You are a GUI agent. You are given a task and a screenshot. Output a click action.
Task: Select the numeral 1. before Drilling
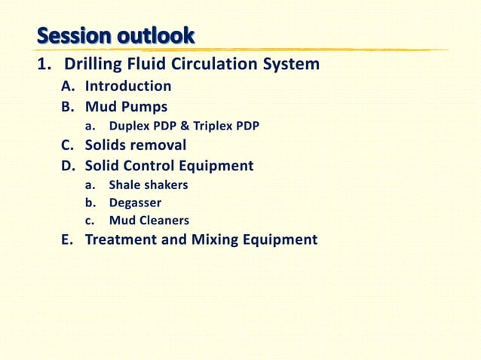pos(44,65)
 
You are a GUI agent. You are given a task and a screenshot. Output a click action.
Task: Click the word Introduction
pos(127,87)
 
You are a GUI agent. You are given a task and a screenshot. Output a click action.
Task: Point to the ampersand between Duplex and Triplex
pos(185,126)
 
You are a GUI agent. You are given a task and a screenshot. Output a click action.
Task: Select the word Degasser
pos(135,203)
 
